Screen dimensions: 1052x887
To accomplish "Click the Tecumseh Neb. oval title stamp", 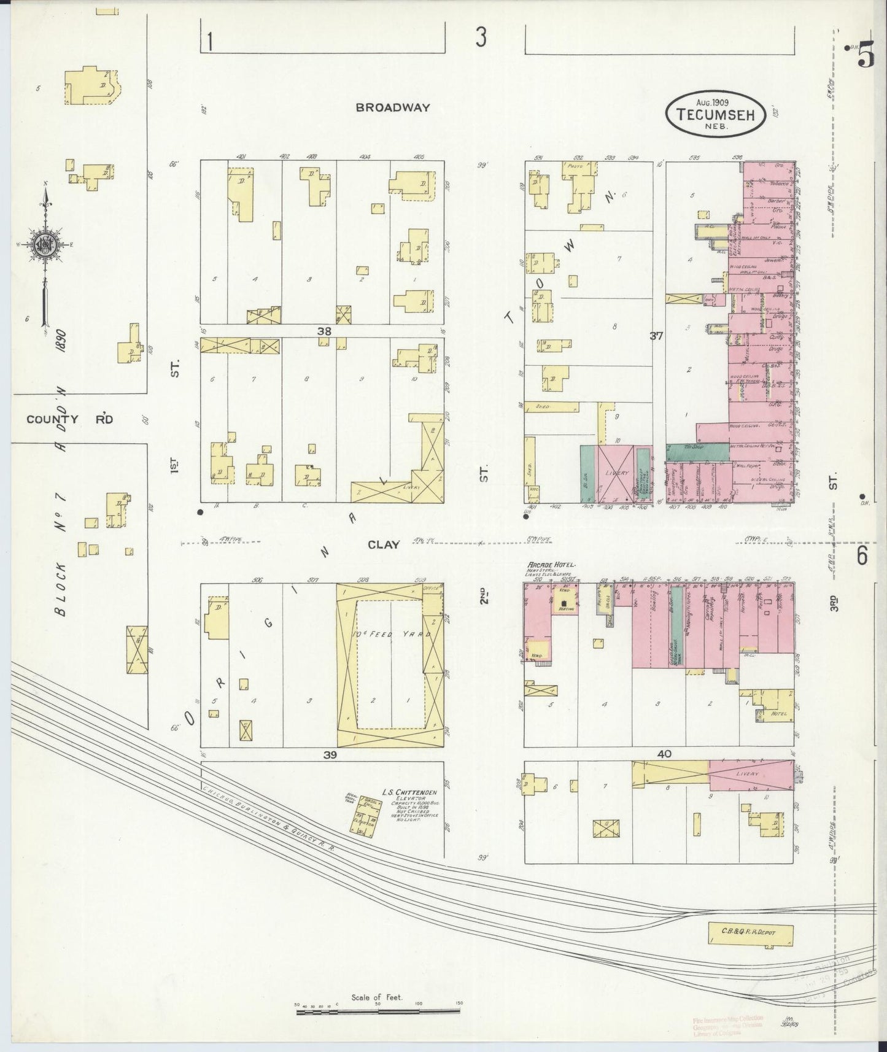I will [716, 113].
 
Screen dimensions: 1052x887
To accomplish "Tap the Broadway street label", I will [393, 107].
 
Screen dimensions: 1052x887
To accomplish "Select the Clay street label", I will [384, 544].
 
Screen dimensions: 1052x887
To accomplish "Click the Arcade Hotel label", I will [550, 565].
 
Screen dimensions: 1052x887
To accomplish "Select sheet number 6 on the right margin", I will [862, 556].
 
